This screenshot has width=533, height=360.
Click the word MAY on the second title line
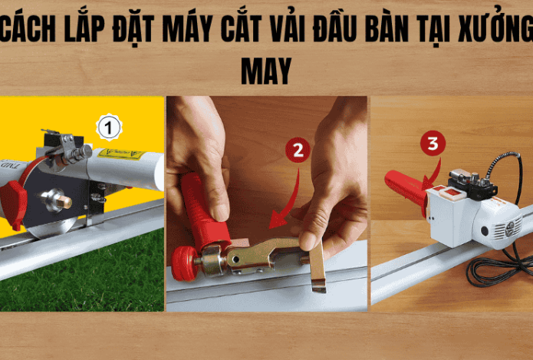point(266,71)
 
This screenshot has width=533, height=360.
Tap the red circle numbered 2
point(298,150)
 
